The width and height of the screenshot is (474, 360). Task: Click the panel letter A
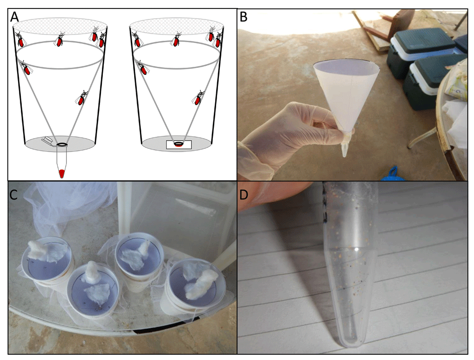[x=14, y=17]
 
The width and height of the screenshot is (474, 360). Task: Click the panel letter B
[x=243, y=17]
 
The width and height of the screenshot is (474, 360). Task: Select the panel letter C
[x=13, y=195]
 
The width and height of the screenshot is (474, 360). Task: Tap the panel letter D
[x=244, y=195]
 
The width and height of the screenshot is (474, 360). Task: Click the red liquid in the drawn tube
[x=62, y=173]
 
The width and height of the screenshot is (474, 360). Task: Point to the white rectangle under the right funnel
[x=179, y=144]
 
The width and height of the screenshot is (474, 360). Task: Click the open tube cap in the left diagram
[x=48, y=140]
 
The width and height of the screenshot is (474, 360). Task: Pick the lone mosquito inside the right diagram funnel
[x=198, y=98]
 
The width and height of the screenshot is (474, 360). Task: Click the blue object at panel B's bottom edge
[x=392, y=174]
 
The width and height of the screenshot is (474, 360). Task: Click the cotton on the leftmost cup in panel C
[x=46, y=251]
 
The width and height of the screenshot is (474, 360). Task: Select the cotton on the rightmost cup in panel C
[x=200, y=282]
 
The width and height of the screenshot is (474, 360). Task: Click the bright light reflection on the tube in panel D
[x=357, y=250]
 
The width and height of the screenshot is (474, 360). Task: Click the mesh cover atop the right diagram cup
[x=176, y=26]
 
